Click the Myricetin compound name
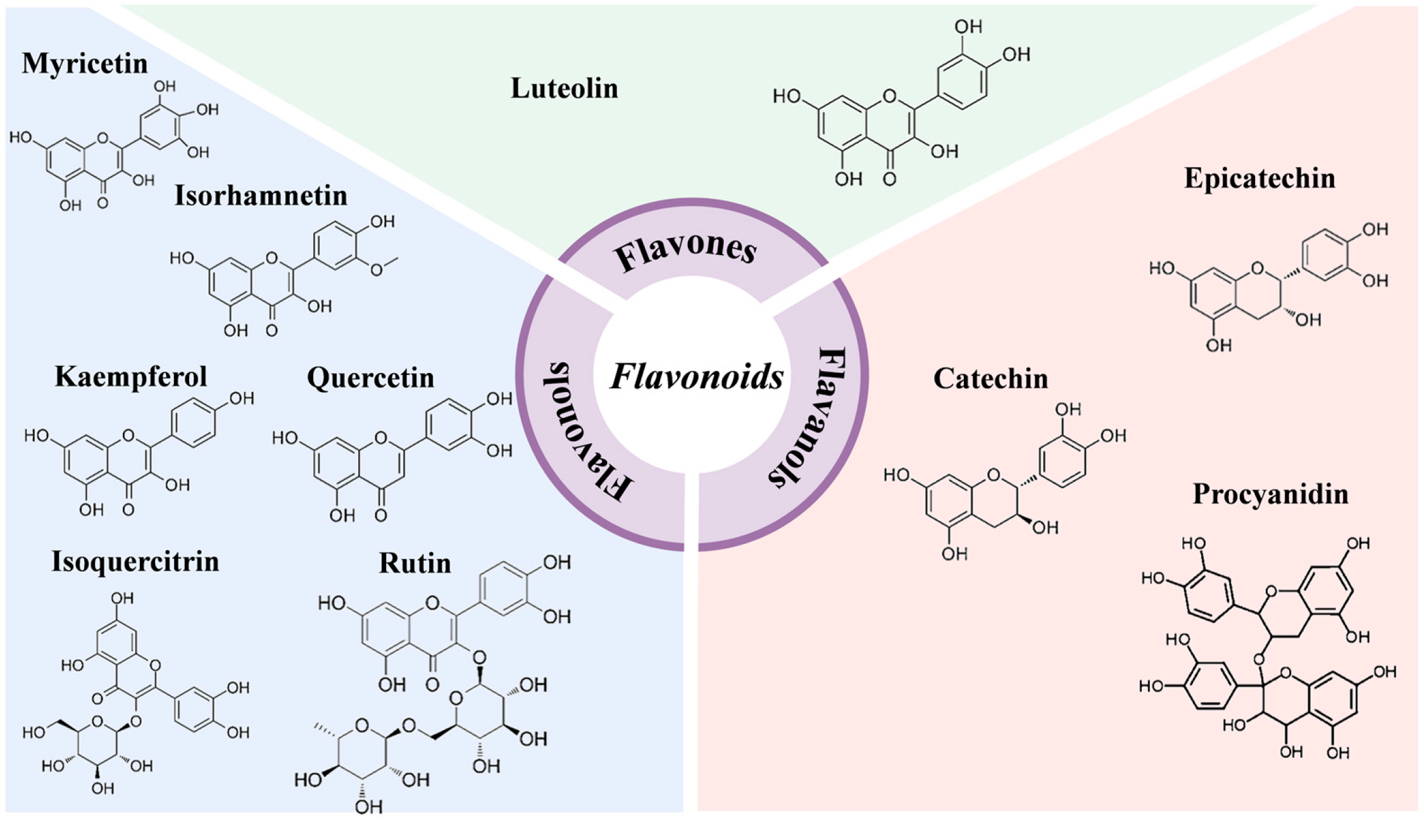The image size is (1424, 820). click(85, 64)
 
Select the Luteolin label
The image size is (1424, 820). click(564, 89)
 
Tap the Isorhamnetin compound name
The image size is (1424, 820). click(261, 196)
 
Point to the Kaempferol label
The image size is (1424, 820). click(131, 377)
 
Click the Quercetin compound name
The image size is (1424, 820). click(370, 378)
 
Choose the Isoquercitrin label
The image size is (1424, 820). click(135, 562)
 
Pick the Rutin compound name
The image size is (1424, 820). click(415, 563)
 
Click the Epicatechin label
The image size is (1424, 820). click(1259, 179)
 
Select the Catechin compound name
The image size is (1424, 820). click(990, 379)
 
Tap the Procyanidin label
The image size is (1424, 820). click(1270, 494)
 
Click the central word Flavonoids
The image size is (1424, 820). click(697, 377)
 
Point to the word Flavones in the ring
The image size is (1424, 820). click(686, 251)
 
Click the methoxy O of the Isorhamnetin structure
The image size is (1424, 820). click(377, 270)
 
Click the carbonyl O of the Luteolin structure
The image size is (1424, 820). click(889, 180)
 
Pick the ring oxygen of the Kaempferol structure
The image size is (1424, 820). click(128, 436)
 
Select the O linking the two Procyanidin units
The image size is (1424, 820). click(1258, 660)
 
